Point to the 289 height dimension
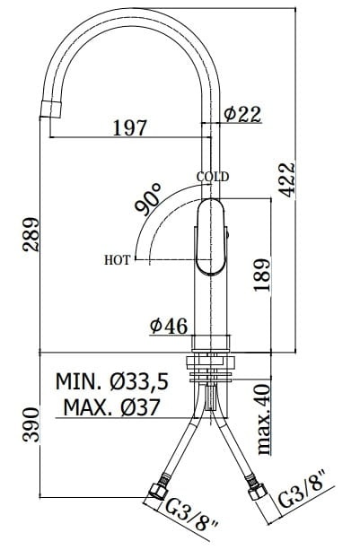[x=30, y=235]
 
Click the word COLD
[x=214, y=177]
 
